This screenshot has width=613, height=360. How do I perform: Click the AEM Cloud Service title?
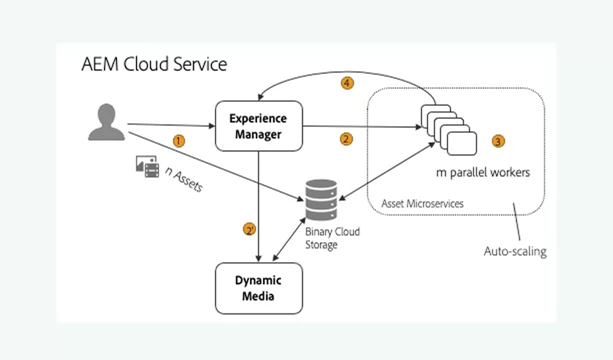click(154, 65)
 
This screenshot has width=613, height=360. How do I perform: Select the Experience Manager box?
click(259, 126)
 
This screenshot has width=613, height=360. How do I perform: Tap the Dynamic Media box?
click(259, 288)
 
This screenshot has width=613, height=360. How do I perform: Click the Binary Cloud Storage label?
click(332, 239)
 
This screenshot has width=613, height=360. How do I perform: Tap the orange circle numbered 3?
click(498, 142)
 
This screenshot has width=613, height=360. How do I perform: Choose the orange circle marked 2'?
click(249, 230)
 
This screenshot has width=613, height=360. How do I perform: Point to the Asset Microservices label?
click(422, 204)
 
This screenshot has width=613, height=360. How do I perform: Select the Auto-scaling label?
click(515, 252)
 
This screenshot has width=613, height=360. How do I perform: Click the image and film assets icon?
click(147, 165)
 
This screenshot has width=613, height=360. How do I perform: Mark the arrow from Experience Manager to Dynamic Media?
click(259, 210)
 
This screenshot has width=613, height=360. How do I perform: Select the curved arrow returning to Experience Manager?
click(341, 74)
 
